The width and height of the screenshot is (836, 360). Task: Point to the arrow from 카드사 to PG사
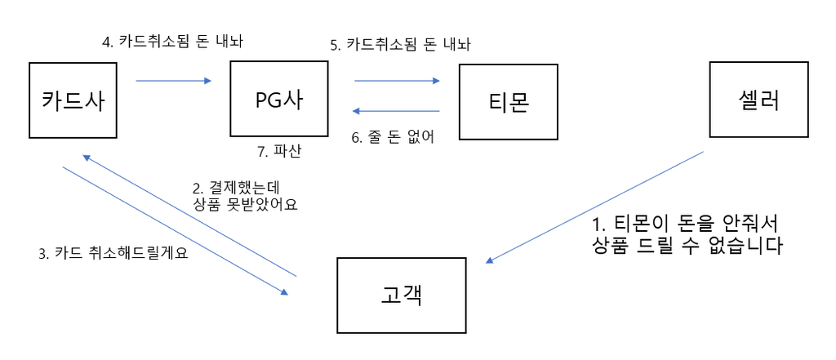click(173, 81)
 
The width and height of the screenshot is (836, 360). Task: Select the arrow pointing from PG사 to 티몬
click(397, 81)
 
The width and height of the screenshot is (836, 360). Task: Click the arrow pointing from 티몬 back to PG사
click(397, 111)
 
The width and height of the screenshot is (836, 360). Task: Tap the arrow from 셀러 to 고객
click(594, 207)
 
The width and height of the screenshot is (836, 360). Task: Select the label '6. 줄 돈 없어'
click(393, 137)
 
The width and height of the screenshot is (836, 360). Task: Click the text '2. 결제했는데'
click(237, 187)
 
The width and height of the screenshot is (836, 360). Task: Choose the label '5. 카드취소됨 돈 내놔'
click(400, 45)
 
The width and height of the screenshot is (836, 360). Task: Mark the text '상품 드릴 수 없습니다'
click(688, 246)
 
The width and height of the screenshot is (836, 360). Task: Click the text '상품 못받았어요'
click(245, 205)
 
